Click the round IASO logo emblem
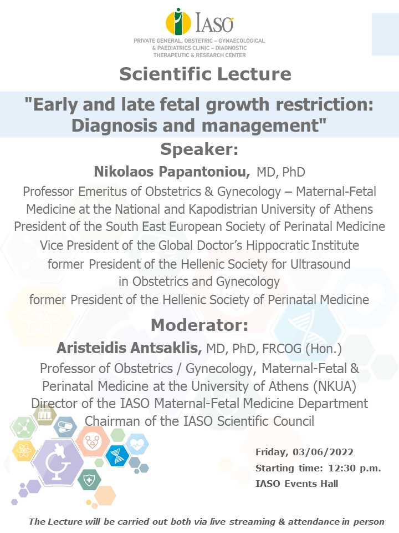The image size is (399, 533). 178,22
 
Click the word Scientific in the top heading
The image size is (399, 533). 165,74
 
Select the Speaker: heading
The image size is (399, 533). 199,149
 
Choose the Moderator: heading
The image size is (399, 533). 199,325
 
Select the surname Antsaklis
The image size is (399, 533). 166,348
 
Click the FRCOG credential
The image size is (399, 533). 282,349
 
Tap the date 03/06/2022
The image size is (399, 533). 323,452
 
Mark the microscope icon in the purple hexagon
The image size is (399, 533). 58,462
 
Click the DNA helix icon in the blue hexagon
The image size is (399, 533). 117,455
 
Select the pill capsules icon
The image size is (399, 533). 65,426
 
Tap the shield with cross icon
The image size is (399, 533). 89,480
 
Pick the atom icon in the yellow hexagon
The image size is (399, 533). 24,451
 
